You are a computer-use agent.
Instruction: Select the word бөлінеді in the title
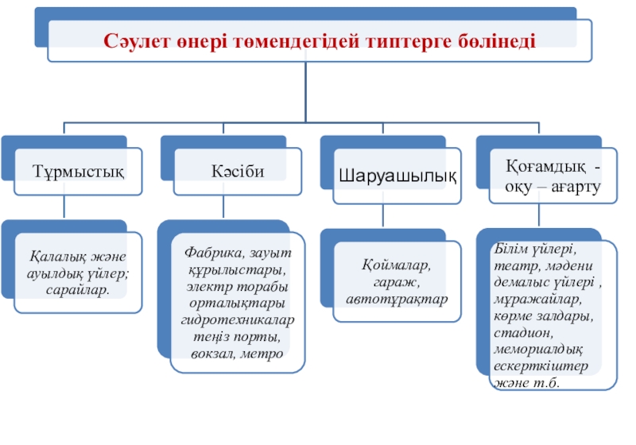pos(494,41)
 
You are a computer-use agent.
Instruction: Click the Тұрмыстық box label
pos(78,172)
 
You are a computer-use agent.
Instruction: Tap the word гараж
pos(396,281)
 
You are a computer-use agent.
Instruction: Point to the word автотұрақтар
pos(397,298)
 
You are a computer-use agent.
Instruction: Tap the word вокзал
pos(211,353)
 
